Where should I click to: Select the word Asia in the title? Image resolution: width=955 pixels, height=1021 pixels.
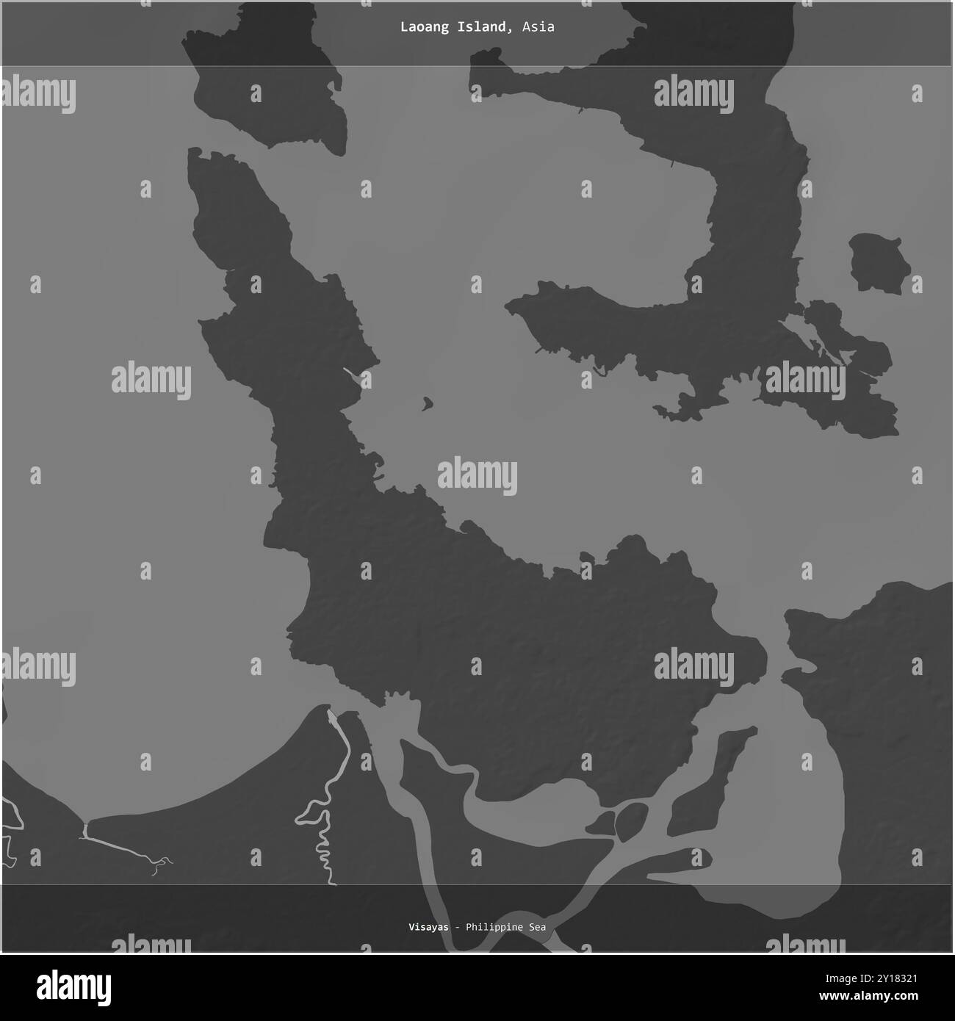[x=538, y=27]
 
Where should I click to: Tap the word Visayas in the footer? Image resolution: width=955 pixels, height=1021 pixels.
[x=428, y=927]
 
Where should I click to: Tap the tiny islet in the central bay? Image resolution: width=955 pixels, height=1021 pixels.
[x=427, y=403]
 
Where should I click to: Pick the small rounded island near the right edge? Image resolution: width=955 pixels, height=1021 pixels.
[x=879, y=263]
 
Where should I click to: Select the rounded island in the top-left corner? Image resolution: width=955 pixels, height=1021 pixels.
[x=264, y=81]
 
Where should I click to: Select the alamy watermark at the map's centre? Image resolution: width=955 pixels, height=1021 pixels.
[x=478, y=475]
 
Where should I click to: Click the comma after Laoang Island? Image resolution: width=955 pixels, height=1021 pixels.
[x=511, y=30]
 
